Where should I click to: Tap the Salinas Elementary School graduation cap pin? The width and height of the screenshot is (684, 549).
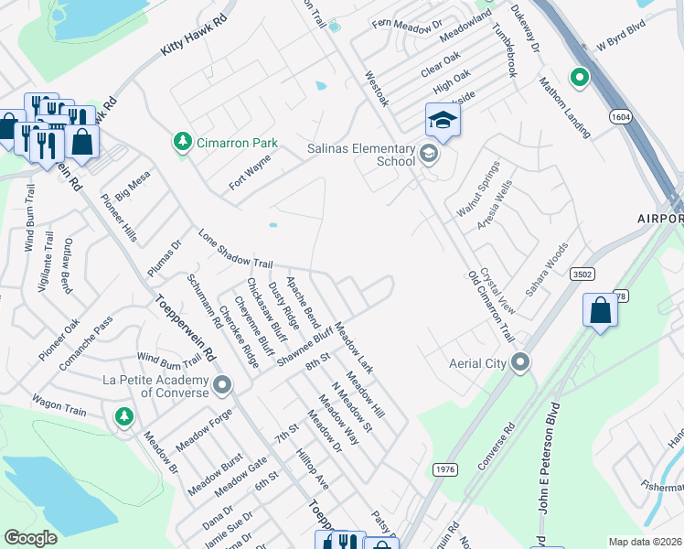443,121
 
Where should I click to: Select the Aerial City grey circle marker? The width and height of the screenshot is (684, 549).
520,363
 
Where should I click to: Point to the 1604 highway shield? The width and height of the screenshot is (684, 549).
621,117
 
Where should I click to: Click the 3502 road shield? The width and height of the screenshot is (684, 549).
582,274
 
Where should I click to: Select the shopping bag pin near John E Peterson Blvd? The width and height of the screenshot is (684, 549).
600,310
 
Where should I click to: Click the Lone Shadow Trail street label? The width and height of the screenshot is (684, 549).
236,250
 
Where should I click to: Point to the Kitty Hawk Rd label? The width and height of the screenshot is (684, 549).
192,43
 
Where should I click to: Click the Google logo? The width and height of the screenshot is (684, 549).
31,537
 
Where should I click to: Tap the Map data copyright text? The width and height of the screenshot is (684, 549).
645,542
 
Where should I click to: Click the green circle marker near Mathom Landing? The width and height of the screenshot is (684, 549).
579,79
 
